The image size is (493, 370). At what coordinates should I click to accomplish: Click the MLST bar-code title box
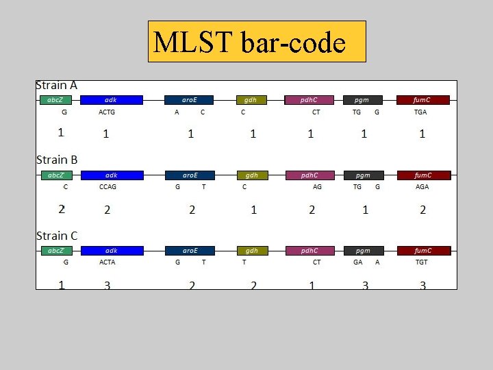pyautogui.click(x=257, y=42)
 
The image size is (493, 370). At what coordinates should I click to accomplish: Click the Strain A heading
pyautogui.click(x=56, y=86)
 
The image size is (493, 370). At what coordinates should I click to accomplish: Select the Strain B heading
pyautogui.click(x=57, y=160)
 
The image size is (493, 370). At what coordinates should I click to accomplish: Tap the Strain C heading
pyautogui.click(x=57, y=236)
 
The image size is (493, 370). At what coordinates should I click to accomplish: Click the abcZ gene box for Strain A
pyautogui.click(x=55, y=100)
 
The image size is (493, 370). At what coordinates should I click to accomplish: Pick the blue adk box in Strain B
pyautogui.click(x=112, y=175)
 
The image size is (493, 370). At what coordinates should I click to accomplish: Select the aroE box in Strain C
pyautogui.click(x=190, y=251)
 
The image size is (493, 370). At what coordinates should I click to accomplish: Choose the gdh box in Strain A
pyautogui.click(x=251, y=100)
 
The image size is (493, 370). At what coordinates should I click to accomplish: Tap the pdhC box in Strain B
pyautogui.click(x=309, y=175)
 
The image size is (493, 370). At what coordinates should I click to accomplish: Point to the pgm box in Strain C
pyautogui.click(x=363, y=251)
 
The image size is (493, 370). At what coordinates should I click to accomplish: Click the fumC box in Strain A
pyautogui.click(x=422, y=100)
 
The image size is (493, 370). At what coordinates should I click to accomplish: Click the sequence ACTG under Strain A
pyautogui.click(x=107, y=112)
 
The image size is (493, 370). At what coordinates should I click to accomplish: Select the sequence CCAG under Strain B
pyautogui.click(x=108, y=187)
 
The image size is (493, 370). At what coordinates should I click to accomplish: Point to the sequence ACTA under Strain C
pyautogui.click(x=107, y=262)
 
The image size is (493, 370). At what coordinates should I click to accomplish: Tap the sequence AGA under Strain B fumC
pyautogui.click(x=422, y=187)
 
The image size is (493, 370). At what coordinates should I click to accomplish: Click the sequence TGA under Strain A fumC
pyautogui.click(x=420, y=112)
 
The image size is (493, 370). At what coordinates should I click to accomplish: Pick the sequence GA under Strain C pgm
pyautogui.click(x=358, y=262)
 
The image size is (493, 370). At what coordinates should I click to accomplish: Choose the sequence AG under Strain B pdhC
pyautogui.click(x=317, y=187)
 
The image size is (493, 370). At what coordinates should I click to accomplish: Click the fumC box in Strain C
pyautogui.click(x=423, y=251)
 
